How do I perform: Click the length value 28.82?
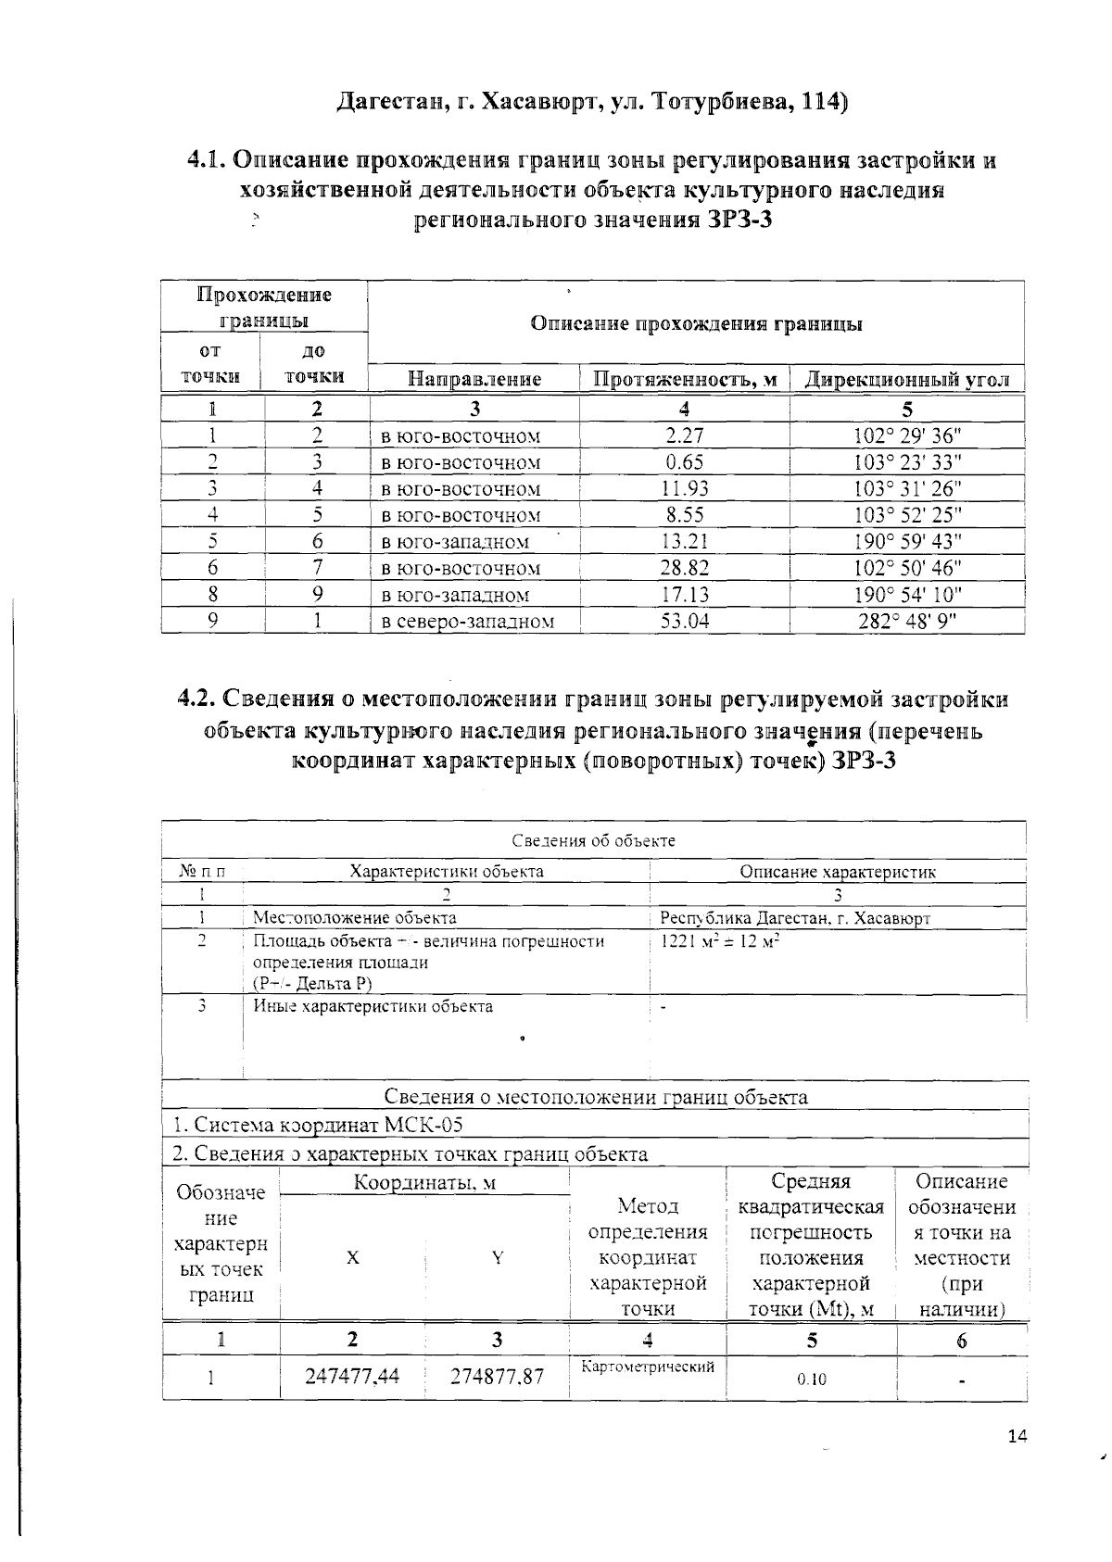tap(684, 568)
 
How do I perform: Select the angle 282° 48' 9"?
tap(907, 622)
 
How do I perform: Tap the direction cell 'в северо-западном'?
tap(468, 622)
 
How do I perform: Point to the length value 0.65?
tap(684, 462)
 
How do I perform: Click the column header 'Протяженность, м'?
tap(684, 379)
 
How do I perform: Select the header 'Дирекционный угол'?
tap(906, 379)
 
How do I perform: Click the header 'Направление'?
tap(474, 379)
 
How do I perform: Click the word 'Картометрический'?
tap(648, 1367)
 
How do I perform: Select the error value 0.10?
tap(811, 1379)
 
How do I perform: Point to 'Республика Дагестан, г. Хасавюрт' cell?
tap(794, 919)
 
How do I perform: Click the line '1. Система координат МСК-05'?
tap(318, 1125)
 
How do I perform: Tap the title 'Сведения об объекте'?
tap(593, 840)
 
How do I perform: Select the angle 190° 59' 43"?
tap(907, 542)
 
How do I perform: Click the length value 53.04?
tap(684, 622)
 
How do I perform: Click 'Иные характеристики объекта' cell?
tap(373, 1006)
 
